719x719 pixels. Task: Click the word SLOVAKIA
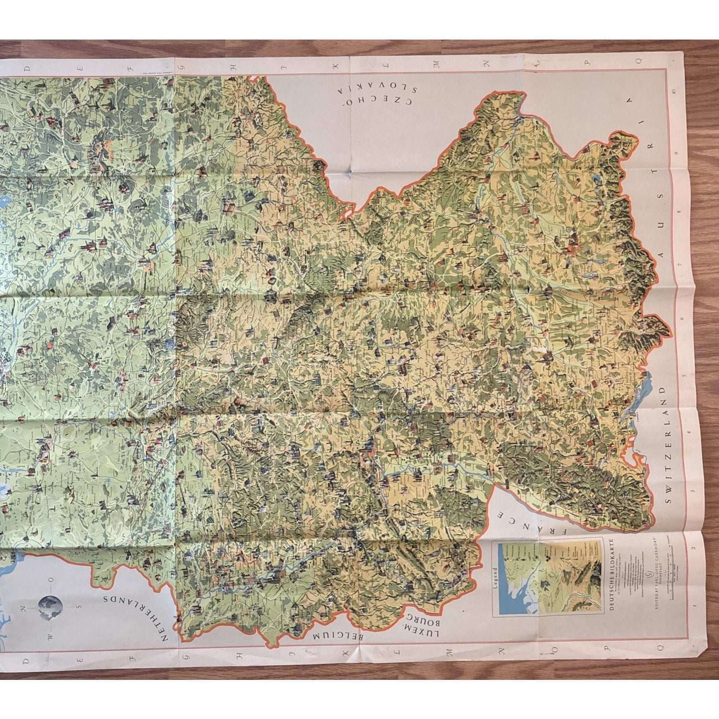coord(378,89)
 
